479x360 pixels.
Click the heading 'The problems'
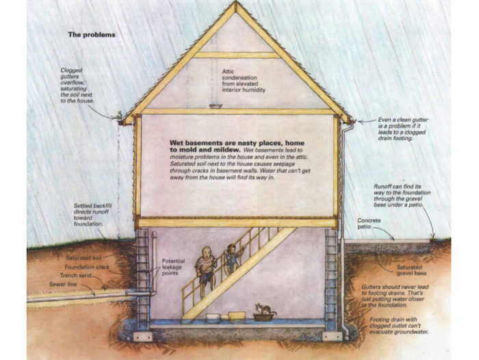click(91, 34)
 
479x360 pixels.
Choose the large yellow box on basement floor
click(236, 316)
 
